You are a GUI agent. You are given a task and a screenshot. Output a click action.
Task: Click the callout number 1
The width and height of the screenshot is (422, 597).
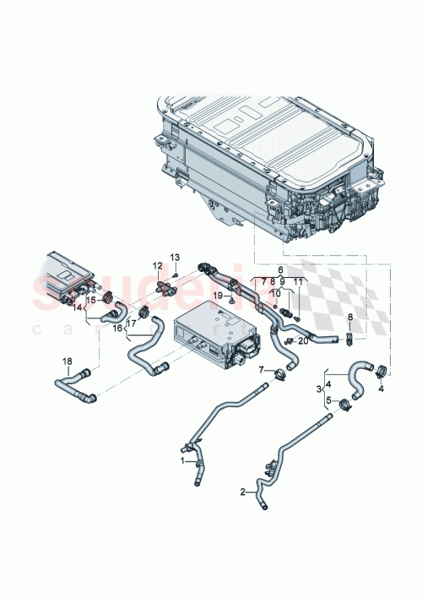pos(181,461)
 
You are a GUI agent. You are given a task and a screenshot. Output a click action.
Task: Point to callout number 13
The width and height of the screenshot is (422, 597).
pos(176,257)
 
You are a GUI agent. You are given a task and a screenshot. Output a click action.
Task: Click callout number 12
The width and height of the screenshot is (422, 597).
pos(157,266)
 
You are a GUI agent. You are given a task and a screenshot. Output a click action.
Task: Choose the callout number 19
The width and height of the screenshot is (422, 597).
pos(280,269)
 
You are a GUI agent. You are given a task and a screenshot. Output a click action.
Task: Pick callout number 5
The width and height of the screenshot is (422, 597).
pos(329,400)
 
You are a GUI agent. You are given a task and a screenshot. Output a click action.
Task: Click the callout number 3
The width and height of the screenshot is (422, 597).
pos(319,388)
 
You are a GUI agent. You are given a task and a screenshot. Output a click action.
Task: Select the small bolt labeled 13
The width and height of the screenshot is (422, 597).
pos(174,273)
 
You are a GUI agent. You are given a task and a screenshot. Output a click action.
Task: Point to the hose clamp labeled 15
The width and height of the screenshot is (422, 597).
pos(108,296)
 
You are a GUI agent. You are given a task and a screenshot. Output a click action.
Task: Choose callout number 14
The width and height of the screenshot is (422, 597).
pos(78,309)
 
